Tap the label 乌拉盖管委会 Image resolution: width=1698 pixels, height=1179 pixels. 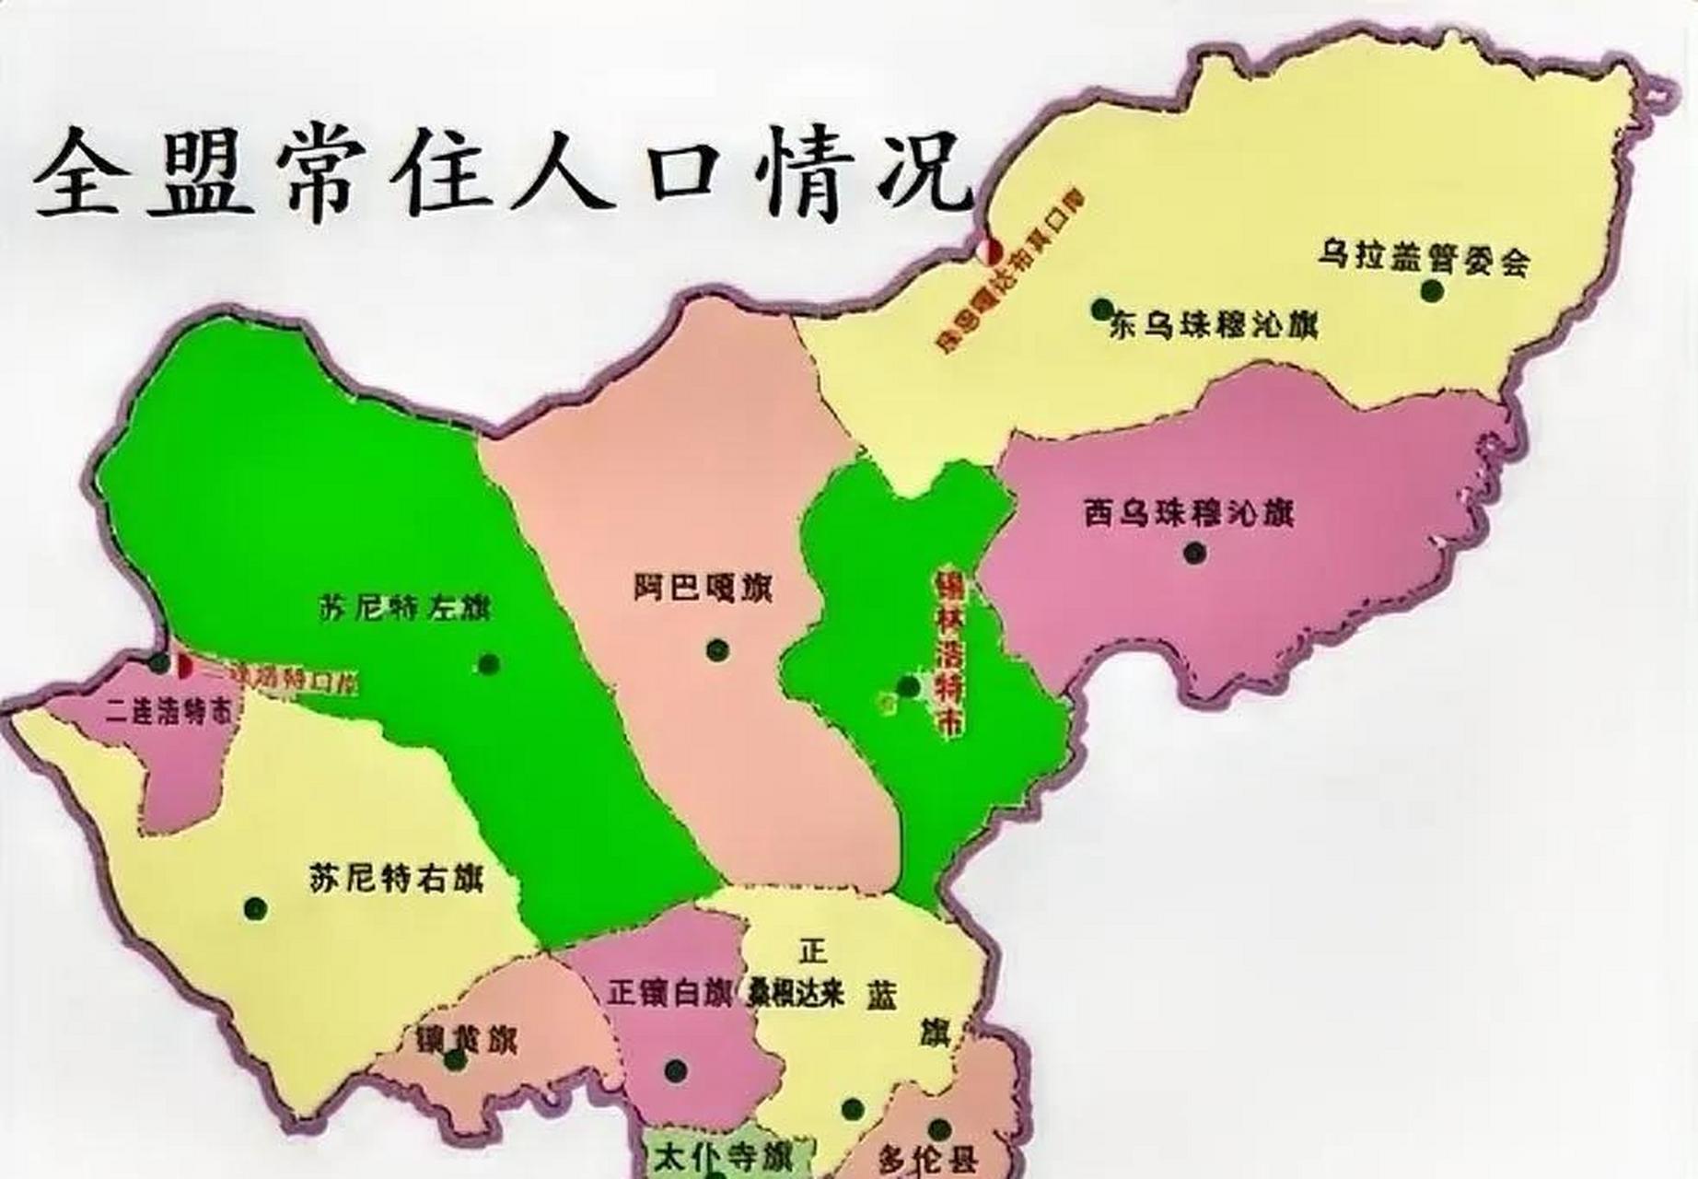[1423, 258]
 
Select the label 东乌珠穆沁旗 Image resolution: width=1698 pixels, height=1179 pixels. [1214, 325]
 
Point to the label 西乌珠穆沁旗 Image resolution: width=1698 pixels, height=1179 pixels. [1188, 513]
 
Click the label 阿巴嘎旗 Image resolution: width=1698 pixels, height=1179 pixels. [703, 587]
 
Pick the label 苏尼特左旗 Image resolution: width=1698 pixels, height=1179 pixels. [405, 609]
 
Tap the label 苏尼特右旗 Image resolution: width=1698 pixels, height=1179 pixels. [396, 877]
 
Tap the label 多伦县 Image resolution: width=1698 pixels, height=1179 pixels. [931, 1160]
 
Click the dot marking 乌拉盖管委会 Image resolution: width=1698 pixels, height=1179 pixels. [1431, 291]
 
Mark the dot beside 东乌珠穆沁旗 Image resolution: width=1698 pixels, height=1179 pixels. [1101, 309]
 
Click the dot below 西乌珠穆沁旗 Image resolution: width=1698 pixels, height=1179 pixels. [1195, 553]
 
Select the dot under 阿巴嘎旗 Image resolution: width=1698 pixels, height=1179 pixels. [717, 650]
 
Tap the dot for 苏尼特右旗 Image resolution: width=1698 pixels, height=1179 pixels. [255, 907]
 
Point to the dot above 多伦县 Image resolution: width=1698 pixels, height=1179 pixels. [939, 1129]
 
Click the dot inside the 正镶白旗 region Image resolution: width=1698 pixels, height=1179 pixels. [676, 1070]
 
